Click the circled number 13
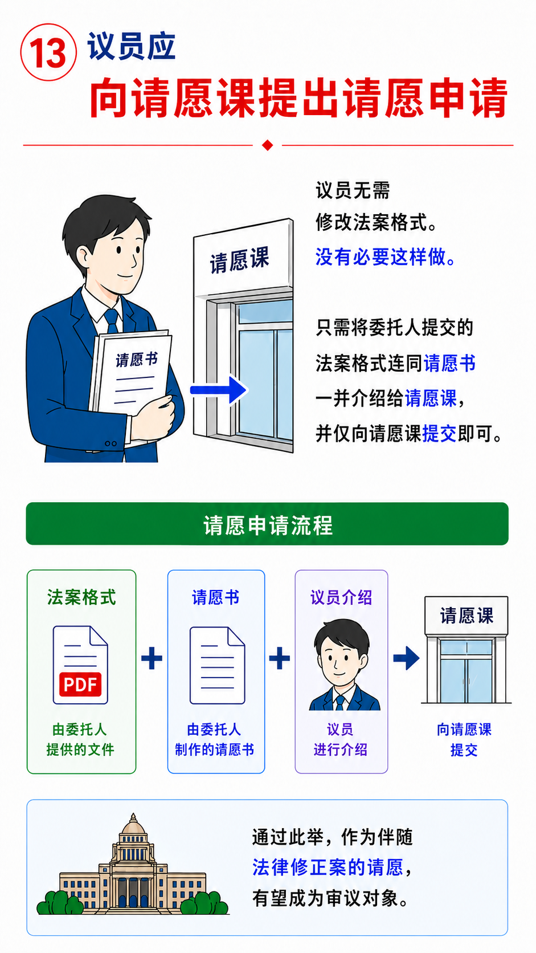pos(48,52)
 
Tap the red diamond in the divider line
pos(267,145)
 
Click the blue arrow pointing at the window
pos(219,390)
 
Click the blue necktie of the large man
pos(112,321)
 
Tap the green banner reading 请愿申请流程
pos(267,524)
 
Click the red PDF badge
pos(80,684)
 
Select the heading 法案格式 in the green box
pos(81,597)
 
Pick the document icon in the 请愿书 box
pos(217,665)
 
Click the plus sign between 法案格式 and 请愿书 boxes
pos(152,658)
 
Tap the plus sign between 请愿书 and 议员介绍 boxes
pos(279,658)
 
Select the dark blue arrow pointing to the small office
pos(406,658)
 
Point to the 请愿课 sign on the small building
pos(467,615)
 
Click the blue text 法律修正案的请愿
pos(328,868)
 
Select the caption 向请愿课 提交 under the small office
pos(464,739)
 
